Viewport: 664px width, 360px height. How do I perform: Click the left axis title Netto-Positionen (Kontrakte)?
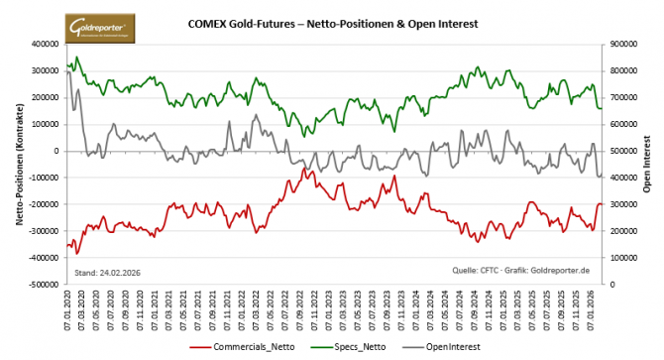20,164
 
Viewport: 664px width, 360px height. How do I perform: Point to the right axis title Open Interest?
648,164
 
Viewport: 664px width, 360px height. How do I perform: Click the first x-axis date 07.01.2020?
68,307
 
